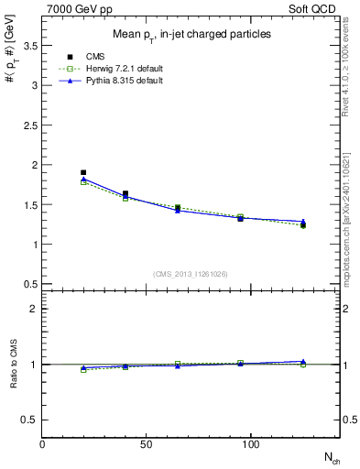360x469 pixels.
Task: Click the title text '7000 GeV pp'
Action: [73, 8]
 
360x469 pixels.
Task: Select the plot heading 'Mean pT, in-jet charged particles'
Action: [191, 35]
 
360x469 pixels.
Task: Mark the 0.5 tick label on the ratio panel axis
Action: [29, 420]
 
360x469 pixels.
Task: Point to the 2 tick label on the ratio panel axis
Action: [33, 309]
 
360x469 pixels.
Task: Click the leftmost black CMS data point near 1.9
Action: [83, 172]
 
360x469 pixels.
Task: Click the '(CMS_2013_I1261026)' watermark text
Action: [191, 274]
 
